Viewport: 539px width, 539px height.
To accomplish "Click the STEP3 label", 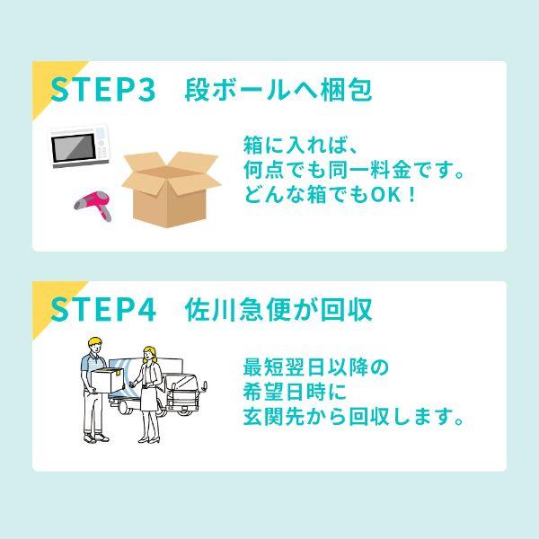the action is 102,90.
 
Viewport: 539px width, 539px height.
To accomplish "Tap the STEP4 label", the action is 103,309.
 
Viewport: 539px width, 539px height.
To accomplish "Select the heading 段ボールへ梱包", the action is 278,90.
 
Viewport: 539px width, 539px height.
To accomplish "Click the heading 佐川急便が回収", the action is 278,310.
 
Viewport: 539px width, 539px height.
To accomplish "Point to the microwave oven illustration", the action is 79,146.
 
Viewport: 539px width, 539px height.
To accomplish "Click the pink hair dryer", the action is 93,205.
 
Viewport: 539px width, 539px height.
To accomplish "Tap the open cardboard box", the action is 172,189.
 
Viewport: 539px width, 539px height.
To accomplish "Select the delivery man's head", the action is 95,346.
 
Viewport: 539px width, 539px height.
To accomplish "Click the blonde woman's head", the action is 150,354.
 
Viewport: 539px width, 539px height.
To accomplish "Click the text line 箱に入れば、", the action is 300,145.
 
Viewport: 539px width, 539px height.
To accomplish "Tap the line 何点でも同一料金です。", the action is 354,170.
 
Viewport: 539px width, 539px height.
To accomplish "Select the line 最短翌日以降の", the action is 315,367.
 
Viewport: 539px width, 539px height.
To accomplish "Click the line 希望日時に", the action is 295,392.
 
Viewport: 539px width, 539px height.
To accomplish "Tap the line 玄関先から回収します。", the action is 354,417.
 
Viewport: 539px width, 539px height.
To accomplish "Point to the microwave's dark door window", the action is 74,147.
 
